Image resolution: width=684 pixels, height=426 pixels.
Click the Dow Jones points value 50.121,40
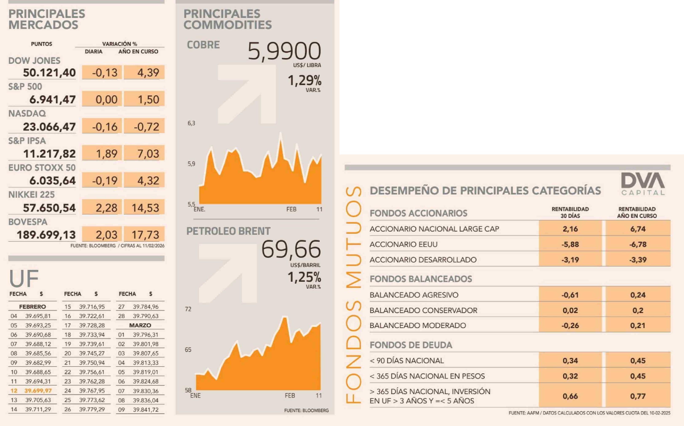point(49,73)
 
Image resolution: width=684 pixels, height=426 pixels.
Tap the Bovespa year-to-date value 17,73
point(145,235)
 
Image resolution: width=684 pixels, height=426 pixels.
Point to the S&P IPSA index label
point(27,141)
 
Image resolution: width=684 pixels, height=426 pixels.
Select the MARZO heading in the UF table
point(140,325)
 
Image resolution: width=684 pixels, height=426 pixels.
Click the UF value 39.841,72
point(146,410)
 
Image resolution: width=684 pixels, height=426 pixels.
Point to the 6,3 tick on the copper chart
point(191,123)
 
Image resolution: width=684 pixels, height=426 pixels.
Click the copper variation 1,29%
point(304,81)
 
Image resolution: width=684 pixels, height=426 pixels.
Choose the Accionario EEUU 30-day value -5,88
point(570,244)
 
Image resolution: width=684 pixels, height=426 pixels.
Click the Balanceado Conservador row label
point(423,310)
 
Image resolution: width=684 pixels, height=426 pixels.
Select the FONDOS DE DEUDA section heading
point(411,345)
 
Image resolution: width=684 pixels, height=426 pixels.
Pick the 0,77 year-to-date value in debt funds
point(638,396)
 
